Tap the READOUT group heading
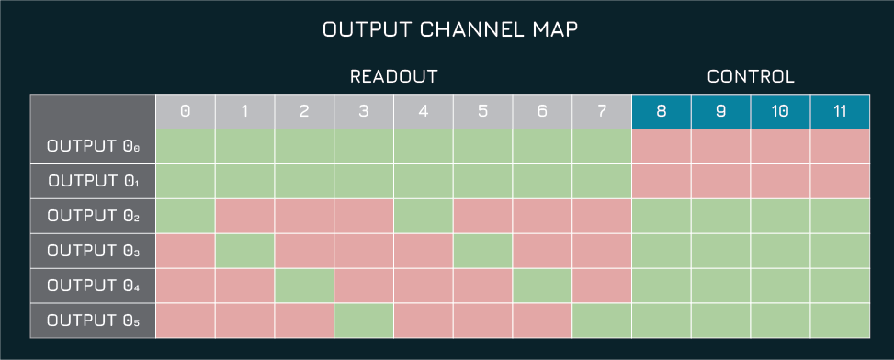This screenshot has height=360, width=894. [393, 77]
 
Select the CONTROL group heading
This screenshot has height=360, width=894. [750, 77]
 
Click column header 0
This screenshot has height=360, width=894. [185, 111]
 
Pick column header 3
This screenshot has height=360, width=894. [364, 111]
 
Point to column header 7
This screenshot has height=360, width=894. [602, 111]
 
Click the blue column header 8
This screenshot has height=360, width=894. [662, 111]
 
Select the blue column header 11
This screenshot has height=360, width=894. [840, 111]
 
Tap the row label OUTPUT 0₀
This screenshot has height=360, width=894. [92, 146]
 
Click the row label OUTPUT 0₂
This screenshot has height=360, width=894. [92, 216]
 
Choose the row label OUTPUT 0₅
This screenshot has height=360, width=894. [92, 321]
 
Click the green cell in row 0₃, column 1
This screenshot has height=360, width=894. [244, 251]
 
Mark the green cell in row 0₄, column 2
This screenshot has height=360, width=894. [304, 286]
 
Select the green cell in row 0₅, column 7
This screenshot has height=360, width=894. [602, 321]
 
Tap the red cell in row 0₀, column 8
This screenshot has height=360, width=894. [662, 146]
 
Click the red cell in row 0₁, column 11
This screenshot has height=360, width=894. [840, 181]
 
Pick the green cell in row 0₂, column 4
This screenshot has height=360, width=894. [424, 216]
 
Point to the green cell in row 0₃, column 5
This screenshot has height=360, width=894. [482, 251]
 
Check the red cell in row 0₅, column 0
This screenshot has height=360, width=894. [185, 321]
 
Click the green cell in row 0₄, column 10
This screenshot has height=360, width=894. [780, 286]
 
